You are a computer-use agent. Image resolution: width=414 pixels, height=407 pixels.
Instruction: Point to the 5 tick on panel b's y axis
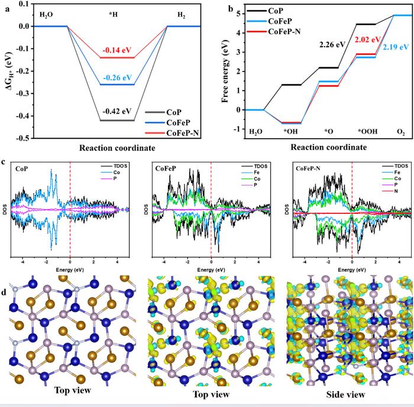239,13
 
